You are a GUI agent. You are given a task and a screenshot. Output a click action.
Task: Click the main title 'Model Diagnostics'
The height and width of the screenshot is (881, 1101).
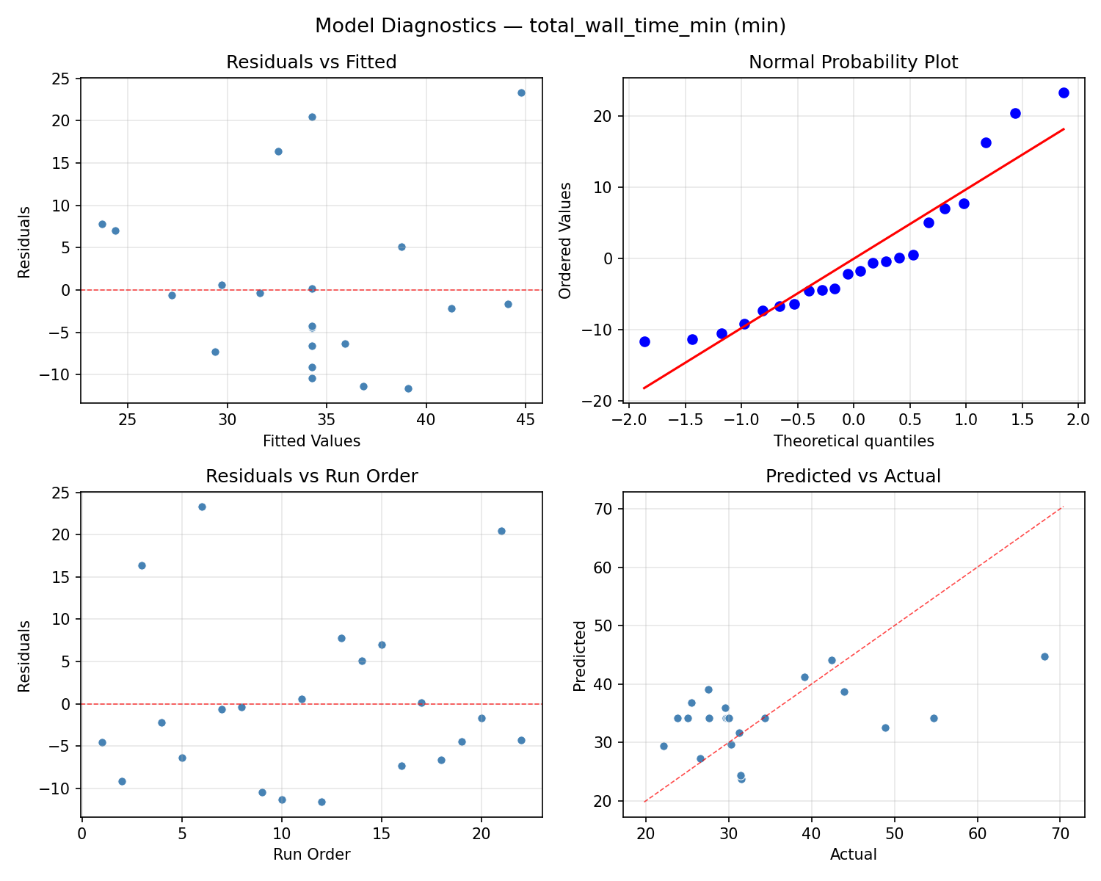point(550,26)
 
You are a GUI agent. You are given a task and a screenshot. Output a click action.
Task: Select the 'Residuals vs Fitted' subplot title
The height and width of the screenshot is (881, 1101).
point(311,62)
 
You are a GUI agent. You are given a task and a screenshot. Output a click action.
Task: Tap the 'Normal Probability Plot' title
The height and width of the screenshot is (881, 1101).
point(853,62)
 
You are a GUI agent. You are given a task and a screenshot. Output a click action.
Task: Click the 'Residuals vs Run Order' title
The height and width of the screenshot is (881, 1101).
point(311,476)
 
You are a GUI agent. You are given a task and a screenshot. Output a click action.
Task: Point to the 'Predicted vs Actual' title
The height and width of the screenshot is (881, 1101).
point(853,476)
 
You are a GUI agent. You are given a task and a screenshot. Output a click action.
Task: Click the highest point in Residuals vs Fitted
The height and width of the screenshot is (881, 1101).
point(521,93)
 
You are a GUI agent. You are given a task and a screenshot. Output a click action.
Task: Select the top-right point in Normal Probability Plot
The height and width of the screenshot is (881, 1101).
point(1064,93)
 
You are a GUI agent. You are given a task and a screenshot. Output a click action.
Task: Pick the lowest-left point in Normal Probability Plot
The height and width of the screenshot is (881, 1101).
point(644,341)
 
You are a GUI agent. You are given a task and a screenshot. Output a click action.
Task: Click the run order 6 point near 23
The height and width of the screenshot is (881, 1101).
point(202,507)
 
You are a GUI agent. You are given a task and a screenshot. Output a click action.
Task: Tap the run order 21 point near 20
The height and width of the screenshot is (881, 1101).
point(501,531)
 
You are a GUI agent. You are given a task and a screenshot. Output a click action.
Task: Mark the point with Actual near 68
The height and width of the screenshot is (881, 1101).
point(1044,656)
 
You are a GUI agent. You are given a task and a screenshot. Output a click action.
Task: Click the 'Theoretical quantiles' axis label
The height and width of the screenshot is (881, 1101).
point(853,441)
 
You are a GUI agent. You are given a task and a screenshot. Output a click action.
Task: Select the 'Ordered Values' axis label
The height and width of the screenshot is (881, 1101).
point(564,241)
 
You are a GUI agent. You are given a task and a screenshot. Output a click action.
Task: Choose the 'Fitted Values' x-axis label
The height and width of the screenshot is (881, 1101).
point(311,441)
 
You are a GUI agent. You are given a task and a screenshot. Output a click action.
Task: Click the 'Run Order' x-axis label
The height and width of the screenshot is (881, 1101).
point(311,855)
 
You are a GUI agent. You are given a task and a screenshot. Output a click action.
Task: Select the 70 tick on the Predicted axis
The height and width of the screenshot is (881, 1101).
point(606,509)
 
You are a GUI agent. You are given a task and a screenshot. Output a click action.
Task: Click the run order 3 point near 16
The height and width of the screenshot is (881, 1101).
point(142,565)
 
